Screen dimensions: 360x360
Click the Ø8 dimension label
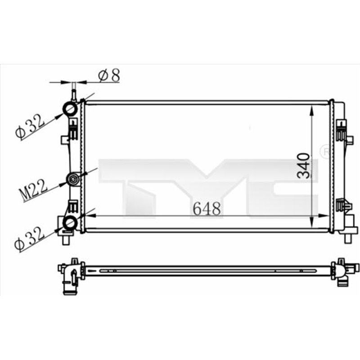[x=109, y=75]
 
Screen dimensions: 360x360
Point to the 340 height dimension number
[x=304, y=166]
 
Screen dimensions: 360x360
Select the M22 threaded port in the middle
[x=72, y=180]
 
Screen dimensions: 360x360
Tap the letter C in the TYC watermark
[x=283, y=184]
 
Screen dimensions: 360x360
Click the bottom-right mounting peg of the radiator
[x=347, y=238]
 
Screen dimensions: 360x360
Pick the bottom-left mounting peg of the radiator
[x=66, y=239]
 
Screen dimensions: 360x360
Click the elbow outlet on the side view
[x=68, y=281]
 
